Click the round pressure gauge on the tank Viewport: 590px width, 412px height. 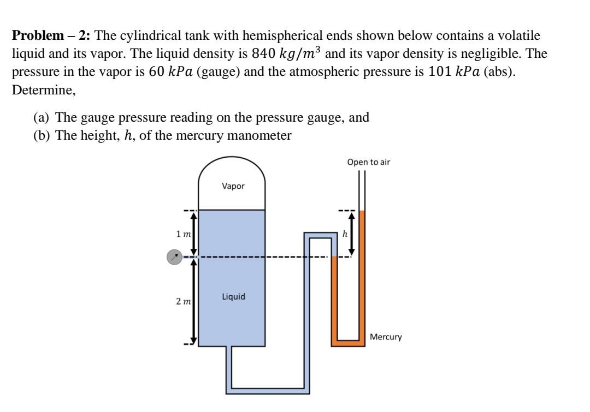point(174,257)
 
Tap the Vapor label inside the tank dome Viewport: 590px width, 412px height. point(233,186)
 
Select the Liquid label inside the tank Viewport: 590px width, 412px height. point(233,297)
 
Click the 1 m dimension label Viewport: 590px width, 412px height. point(183,234)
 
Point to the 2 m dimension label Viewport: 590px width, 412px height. point(183,302)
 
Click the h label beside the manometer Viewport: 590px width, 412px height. point(345,234)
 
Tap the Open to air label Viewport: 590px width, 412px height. point(368,162)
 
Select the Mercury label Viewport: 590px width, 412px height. point(385,337)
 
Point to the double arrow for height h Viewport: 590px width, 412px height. point(352,234)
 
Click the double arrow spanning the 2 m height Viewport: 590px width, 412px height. point(192,301)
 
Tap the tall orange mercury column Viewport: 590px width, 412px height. point(362,273)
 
